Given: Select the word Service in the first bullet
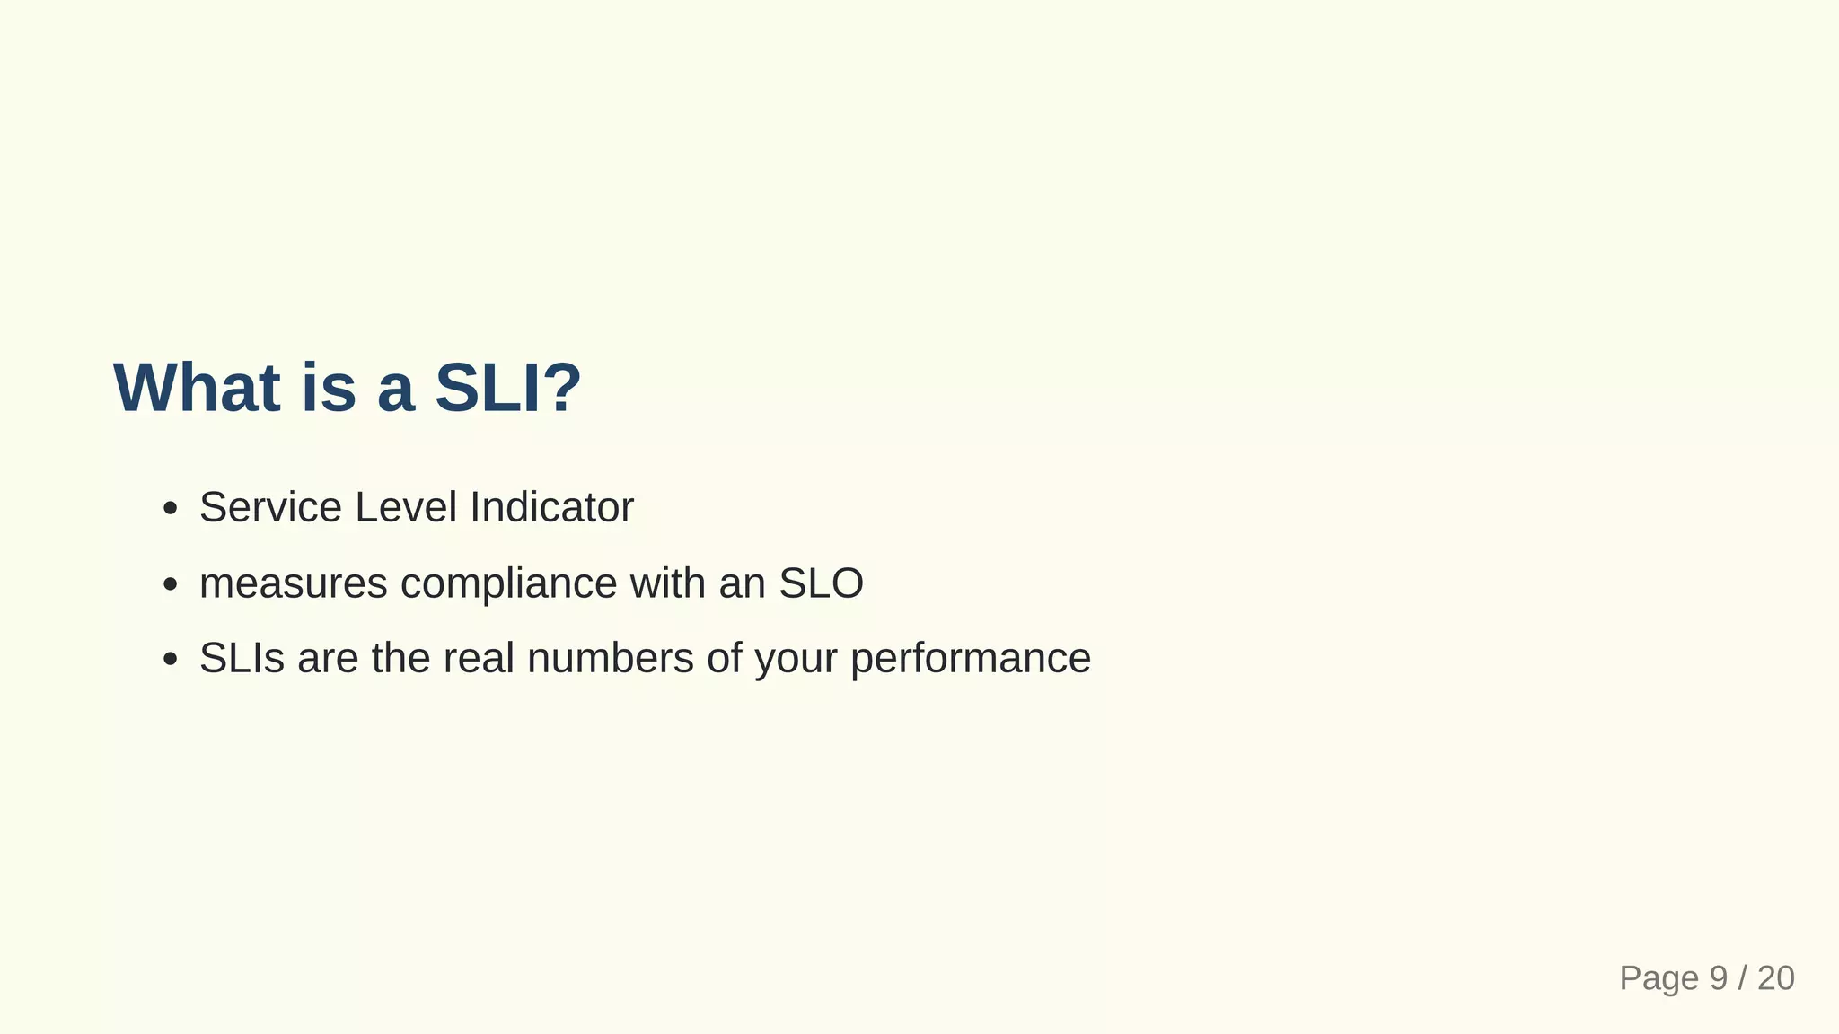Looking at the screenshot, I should pyautogui.click(x=270, y=507).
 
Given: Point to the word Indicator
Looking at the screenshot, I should pyautogui.click(x=551, y=507).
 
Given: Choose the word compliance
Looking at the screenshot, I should pyautogui.click(x=508, y=583).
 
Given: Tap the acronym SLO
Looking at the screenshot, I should pyautogui.click(x=821, y=583).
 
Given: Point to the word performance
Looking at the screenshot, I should pyautogui.click(x=970, y=658).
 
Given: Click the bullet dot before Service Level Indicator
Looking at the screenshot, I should pyautogui.click(x=170, y=510).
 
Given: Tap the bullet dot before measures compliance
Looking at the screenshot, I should pyautogui.click(x=170, y=585).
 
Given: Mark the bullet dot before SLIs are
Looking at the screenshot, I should pyautogui.click(x=170, y=660).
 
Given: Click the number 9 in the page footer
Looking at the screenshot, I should pyautogui.click(x=1718, y=978).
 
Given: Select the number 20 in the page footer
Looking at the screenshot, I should pyautogui.click(x=1775, y=978).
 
